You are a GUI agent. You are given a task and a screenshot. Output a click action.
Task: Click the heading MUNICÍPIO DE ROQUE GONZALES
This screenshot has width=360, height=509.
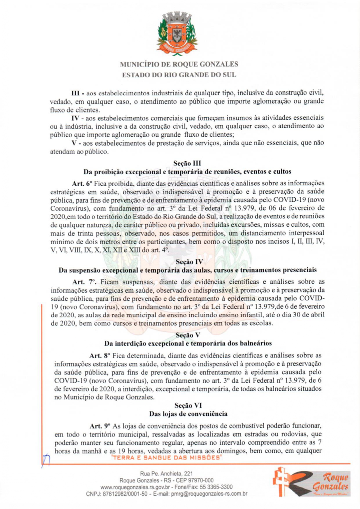179,64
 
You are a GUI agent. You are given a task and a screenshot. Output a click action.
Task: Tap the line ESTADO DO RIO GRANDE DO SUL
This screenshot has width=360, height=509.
179,75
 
